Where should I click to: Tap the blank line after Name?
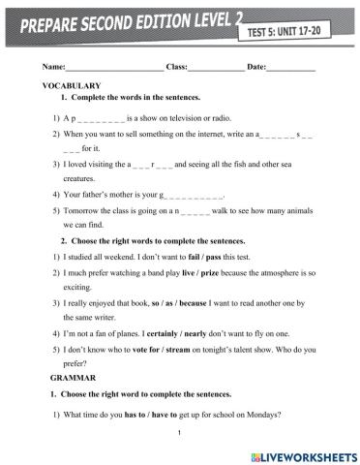click(x=113, y=67)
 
